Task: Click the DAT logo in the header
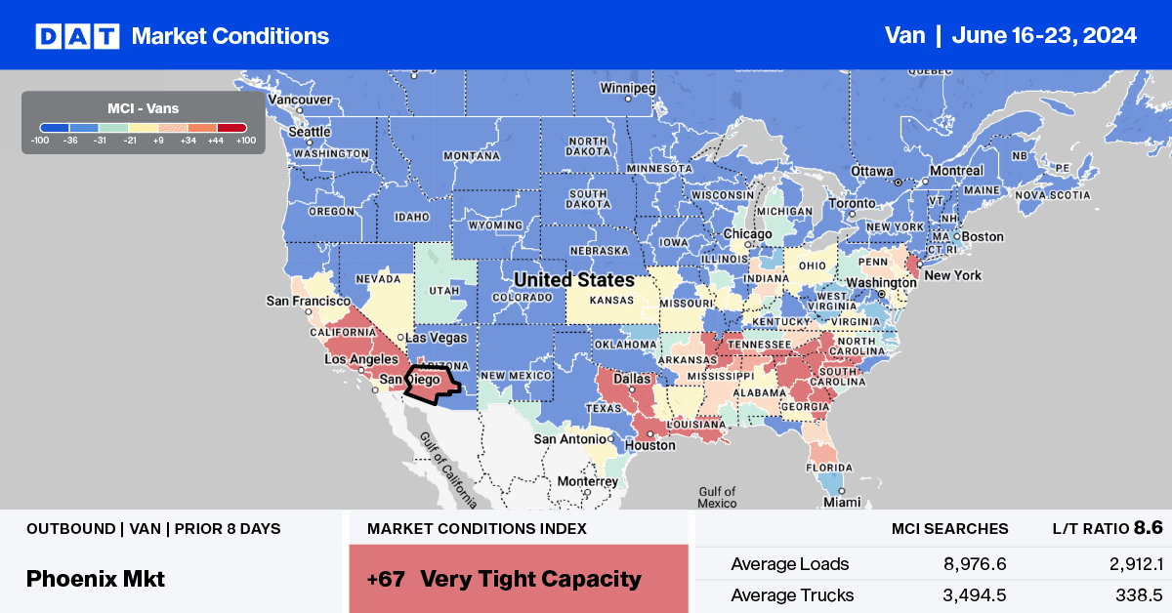click(x=76, y=36)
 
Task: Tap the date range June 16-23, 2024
click(x=1047, y=36)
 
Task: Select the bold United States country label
click(x=574, y=280)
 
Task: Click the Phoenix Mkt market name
click(x=96, y=578)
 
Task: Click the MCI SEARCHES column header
click(x=949, y=528)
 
